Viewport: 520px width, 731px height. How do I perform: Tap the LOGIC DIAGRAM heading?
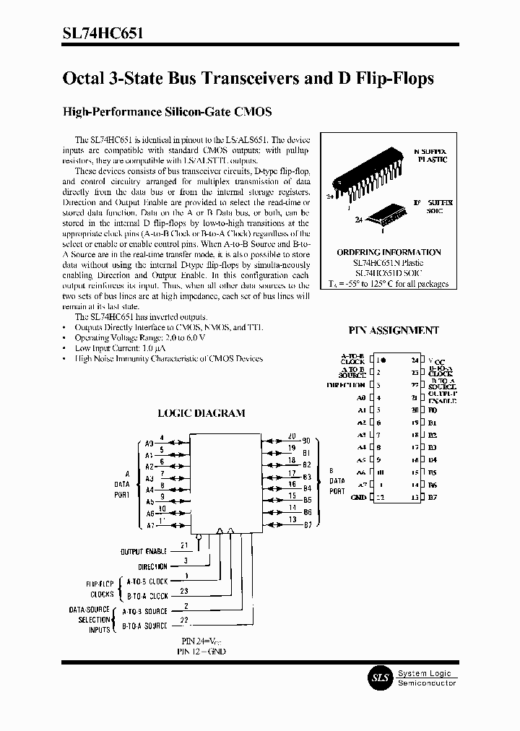[x=201, y=413]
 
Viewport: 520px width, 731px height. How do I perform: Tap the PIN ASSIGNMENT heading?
[x=394, y=330]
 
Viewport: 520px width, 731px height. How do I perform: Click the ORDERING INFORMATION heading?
[x=389, y=252]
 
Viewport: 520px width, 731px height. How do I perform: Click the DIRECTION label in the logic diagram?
[x=152, y=568]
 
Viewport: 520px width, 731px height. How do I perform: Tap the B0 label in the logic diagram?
[x=307, y=440]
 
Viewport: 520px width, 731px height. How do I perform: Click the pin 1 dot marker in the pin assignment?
[x=383, y=359]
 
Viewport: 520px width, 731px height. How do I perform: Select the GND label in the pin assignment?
[x=358, y=497]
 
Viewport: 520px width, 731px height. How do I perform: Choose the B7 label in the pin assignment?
[x=433, y=497]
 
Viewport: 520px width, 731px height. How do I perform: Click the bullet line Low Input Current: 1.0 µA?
[x=119, y=348]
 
